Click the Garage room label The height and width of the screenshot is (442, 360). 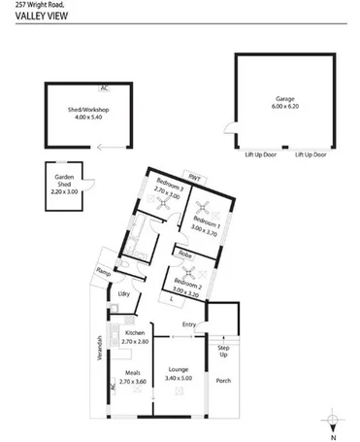click(284, 99)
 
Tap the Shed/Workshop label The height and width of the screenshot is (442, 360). click(88, 111)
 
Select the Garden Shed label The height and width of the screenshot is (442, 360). click(62, 182)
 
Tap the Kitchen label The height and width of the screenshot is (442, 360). click(136, 333)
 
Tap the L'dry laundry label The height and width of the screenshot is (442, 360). click(123, 294)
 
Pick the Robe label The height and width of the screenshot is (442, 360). click(182, 254)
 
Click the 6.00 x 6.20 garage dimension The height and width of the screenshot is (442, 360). click(284, 107)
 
